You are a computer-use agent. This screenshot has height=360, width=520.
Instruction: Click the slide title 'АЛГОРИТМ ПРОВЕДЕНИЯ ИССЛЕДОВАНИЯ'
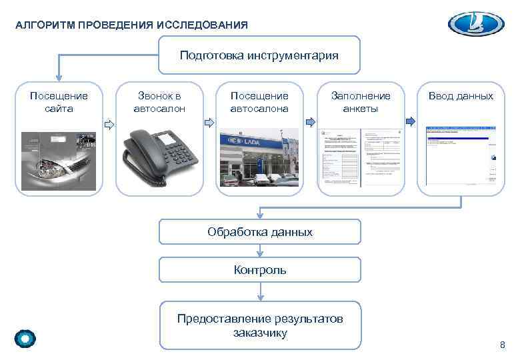[131, 25]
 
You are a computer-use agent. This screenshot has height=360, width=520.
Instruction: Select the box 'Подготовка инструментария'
[259, 55]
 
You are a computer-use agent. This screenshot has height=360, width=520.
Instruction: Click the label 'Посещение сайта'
[59, 102]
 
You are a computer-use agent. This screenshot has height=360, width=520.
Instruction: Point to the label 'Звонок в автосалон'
[159, 102]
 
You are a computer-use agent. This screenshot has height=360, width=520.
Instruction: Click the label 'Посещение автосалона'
[259, 102]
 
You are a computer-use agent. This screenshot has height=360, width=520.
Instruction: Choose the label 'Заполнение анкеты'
[361, 102]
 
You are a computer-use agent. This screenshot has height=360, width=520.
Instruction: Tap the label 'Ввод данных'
[461, 96]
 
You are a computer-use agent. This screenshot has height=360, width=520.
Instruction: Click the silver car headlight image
[59, 161]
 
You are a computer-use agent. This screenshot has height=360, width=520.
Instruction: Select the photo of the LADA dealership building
[259, 158]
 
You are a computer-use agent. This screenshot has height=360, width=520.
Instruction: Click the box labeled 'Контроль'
[259, 270]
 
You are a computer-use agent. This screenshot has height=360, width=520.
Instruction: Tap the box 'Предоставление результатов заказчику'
[259, 325]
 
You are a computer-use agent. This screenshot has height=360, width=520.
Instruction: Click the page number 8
[503, 344]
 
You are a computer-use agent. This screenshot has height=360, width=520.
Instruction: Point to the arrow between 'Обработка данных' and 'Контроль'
[259, 251]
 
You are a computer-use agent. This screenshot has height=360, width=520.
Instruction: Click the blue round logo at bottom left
[25, 339]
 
